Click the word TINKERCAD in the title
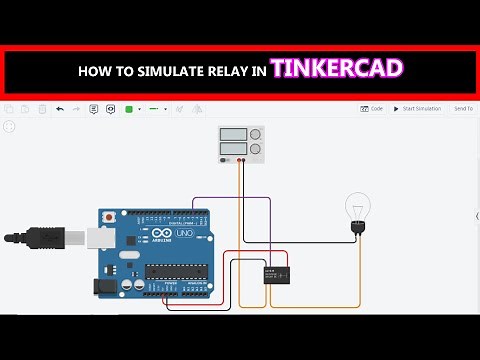coord(337,69)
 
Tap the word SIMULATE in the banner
coord(168,71)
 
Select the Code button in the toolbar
coord(371,108)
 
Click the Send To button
coord(463,108)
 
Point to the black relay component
coord(276,273)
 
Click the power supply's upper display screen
coord(234,135)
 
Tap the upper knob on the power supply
coord(256,135)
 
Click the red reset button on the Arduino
coord(107,216)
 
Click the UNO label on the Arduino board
coord(185,233)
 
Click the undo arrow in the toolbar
coord(60,108)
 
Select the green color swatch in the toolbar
coord(129,108)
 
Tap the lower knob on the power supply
coord(256,151)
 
